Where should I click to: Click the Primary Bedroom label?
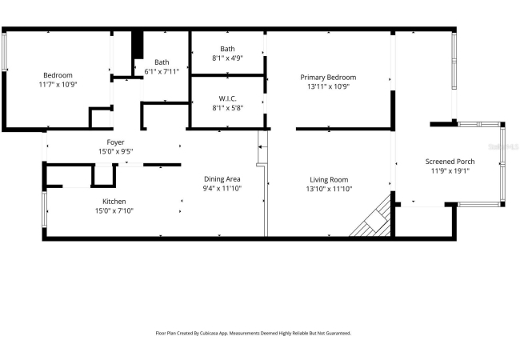point(328,78)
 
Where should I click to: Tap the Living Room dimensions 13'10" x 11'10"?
point(329,189)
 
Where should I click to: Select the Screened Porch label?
point(450,162)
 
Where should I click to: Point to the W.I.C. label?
point(227,98)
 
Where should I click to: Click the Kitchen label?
point(114,202)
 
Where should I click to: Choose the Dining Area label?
point(222,179)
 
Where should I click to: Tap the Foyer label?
point(115,142)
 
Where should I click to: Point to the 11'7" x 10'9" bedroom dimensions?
point(58,85)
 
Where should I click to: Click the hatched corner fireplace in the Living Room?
point(371,217)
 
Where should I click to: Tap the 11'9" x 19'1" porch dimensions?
point(450,171)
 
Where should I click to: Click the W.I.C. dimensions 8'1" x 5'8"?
point(228,108)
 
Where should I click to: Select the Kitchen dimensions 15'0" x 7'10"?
point(114,211)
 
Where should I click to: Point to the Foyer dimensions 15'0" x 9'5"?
point(116,151)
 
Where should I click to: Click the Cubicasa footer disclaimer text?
point(254,333)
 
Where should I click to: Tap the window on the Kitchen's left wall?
point(44,210)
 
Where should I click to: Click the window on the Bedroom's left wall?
point(4,51)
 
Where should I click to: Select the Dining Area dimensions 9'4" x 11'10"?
point(222,189)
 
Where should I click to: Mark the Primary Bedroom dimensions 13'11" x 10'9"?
point(328,87)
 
